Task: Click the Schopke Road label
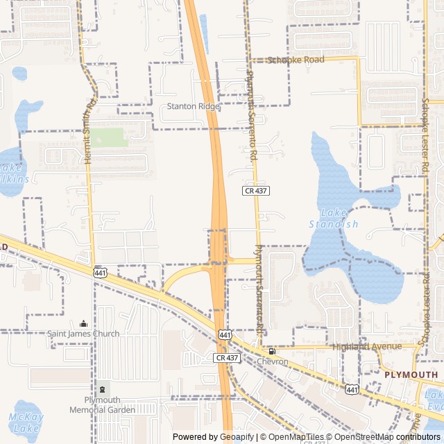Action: (296, 60)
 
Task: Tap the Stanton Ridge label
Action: (193, 106)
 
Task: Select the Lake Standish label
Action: (334, 219)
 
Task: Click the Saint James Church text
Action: (83, 334)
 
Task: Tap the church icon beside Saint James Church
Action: (84, 323)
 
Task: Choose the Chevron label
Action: (272, 361)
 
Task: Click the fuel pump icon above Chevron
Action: (272, 352)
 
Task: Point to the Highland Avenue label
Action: (366, 346)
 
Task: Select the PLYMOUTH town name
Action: (411, 375)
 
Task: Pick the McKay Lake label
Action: (26, 422)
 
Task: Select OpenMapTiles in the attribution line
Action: (295, 437)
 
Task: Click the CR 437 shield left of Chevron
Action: (226, 357)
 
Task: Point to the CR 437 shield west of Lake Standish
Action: (255, 190)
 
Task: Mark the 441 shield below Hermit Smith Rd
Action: (101, 274)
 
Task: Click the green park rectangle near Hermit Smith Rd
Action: (110, 137)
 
